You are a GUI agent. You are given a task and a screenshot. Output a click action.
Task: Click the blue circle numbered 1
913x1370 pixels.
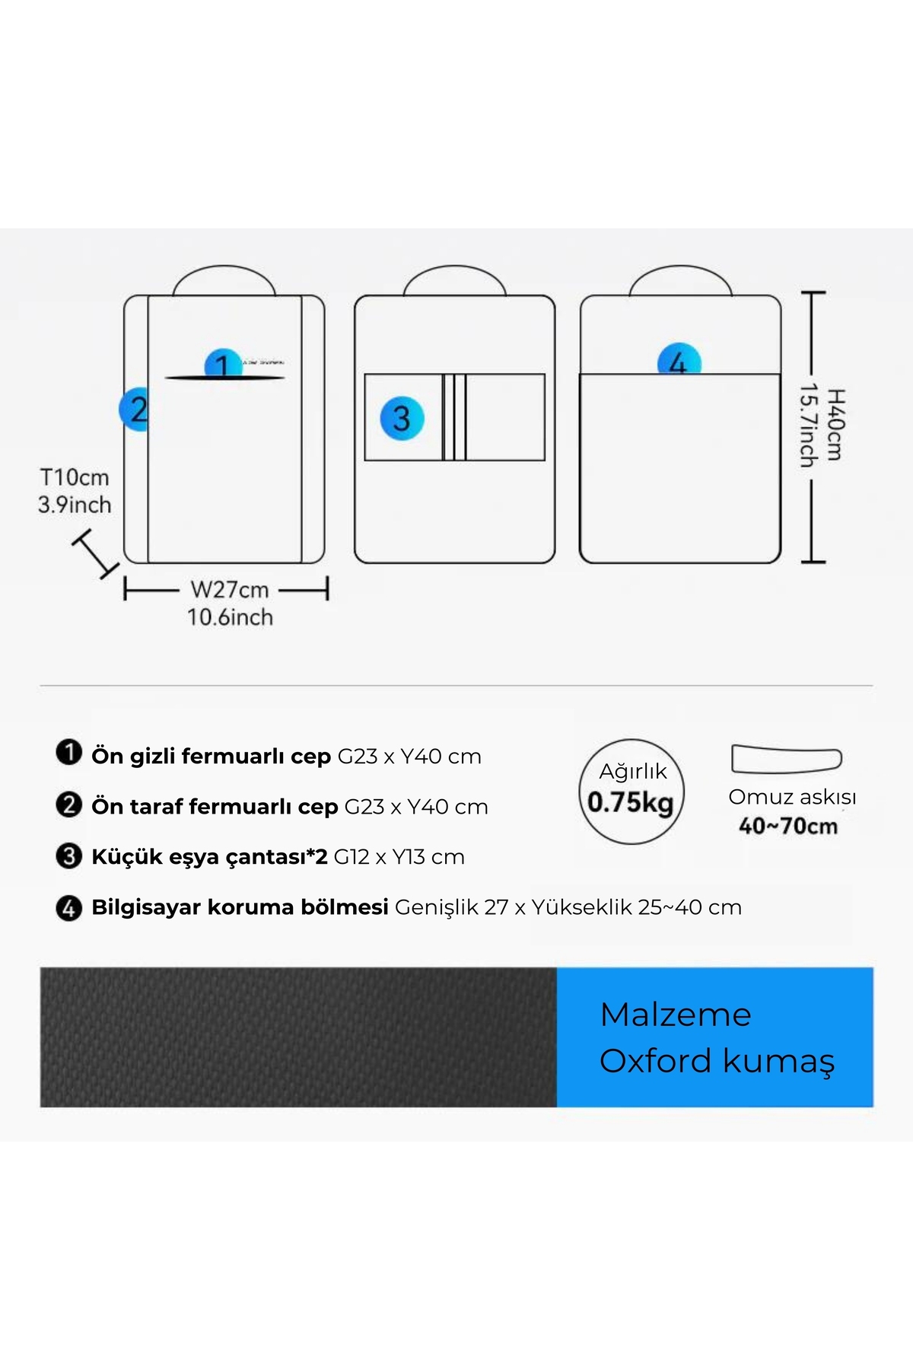(223, 363)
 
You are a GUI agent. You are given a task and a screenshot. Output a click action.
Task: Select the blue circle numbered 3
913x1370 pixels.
(402, 419)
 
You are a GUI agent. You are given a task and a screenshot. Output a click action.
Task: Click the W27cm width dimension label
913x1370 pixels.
(230, 589)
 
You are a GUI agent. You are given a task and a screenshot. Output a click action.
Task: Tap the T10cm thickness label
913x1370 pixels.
(75, 477)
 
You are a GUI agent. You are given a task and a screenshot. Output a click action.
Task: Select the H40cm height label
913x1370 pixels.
(835, 424)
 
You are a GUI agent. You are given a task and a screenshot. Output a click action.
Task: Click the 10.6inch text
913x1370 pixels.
(230, 617)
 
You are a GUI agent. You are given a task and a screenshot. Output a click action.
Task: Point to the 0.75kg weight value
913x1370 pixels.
(631, 802)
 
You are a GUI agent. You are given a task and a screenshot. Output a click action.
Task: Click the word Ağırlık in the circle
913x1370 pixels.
(633, 771)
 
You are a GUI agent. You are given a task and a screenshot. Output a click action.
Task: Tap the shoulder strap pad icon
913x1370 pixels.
(787, 759)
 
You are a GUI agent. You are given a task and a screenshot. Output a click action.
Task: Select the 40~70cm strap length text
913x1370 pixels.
(788, 826)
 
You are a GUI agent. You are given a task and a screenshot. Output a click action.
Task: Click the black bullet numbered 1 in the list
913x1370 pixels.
(68, 753)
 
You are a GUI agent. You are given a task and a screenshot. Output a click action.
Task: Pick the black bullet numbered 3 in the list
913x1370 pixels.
(68, 856)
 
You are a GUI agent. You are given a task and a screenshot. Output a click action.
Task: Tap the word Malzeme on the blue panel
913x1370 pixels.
(676, 1015)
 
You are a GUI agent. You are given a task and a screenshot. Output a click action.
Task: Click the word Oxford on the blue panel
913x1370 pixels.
(655, 1061)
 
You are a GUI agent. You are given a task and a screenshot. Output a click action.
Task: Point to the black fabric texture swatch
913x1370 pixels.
(298, 1037)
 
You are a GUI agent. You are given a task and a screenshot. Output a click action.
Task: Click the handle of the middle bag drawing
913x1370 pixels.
(455, 280)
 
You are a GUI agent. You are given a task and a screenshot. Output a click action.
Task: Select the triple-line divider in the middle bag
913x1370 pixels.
(454, 417)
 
